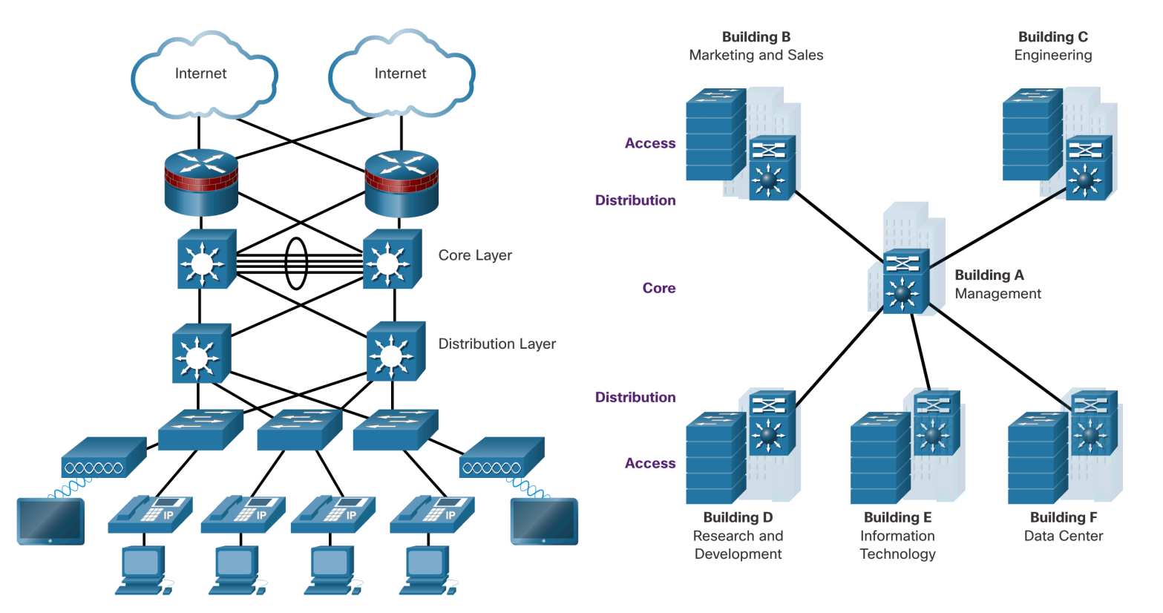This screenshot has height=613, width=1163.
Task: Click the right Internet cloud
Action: tap(401, 74)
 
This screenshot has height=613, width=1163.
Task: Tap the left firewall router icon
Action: tap(200, 182)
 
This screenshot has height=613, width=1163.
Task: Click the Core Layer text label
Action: tap(475, 255)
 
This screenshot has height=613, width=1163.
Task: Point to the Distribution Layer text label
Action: tap(497, 344)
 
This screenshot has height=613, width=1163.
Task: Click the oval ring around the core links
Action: tap(296, 263)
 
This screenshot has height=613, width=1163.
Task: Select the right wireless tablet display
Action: tap(544, 521)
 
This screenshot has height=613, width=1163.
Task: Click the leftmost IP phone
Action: tap(150, 514)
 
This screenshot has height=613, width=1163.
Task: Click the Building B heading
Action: tap(756, 37)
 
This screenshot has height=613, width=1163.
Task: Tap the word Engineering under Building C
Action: tap(1052, 55)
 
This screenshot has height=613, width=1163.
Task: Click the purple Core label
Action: tap(658, 288)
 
